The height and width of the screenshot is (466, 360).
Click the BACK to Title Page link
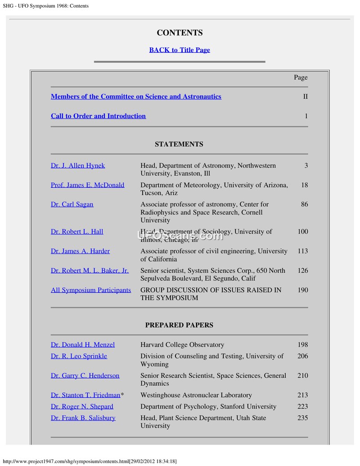(x=180, y=50)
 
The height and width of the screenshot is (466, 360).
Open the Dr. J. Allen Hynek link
(x=78, y=166)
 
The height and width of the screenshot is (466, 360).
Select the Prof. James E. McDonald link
(x=87, y=185)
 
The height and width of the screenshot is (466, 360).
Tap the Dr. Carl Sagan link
(x=72, y=204)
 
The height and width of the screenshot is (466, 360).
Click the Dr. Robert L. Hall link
(x=77, y=232)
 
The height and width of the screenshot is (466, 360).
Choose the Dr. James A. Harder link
(x=80, y=251)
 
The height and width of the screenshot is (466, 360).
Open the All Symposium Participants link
(x=91, y=290)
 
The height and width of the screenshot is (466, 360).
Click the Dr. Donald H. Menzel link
(x=83, y=345)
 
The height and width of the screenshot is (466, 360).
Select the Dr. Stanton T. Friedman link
(x=85, y=395)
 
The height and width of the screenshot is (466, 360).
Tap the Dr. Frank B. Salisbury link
(x=83, y=418)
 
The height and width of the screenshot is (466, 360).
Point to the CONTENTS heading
(x=180, y=33)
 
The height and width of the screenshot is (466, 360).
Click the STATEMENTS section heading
(x=179, y=145)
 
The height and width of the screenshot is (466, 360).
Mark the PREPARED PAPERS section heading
(x=179, y=325)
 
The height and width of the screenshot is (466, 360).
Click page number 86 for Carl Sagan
(x=305, y=204)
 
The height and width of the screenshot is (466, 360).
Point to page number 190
(x=303, y=290)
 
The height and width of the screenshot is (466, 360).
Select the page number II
(x=306, y=97)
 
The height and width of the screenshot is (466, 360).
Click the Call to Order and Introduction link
(x=98, y=116)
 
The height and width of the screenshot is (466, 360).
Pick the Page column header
(x=301, y=77)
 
